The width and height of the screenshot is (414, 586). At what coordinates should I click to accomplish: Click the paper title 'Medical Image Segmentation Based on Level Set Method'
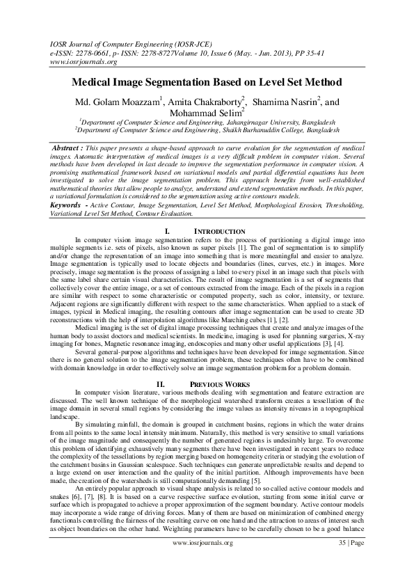tap(207, 81)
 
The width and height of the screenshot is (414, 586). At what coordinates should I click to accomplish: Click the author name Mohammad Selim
tap(205, 113)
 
